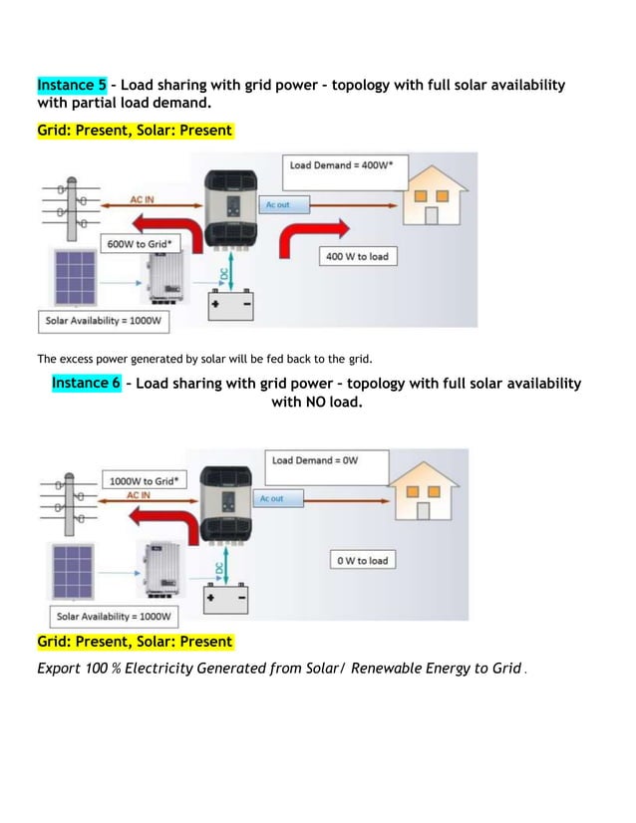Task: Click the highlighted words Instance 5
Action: point(71,85)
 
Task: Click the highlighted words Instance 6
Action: point(86,384)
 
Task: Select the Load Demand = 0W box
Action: point(315,460)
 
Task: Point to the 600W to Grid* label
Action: point(139,243)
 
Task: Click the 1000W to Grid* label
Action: point(145,480)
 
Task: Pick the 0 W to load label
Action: point(362,561)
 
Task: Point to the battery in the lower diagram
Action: point(226,599)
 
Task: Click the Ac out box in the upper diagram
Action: point(285,204)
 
